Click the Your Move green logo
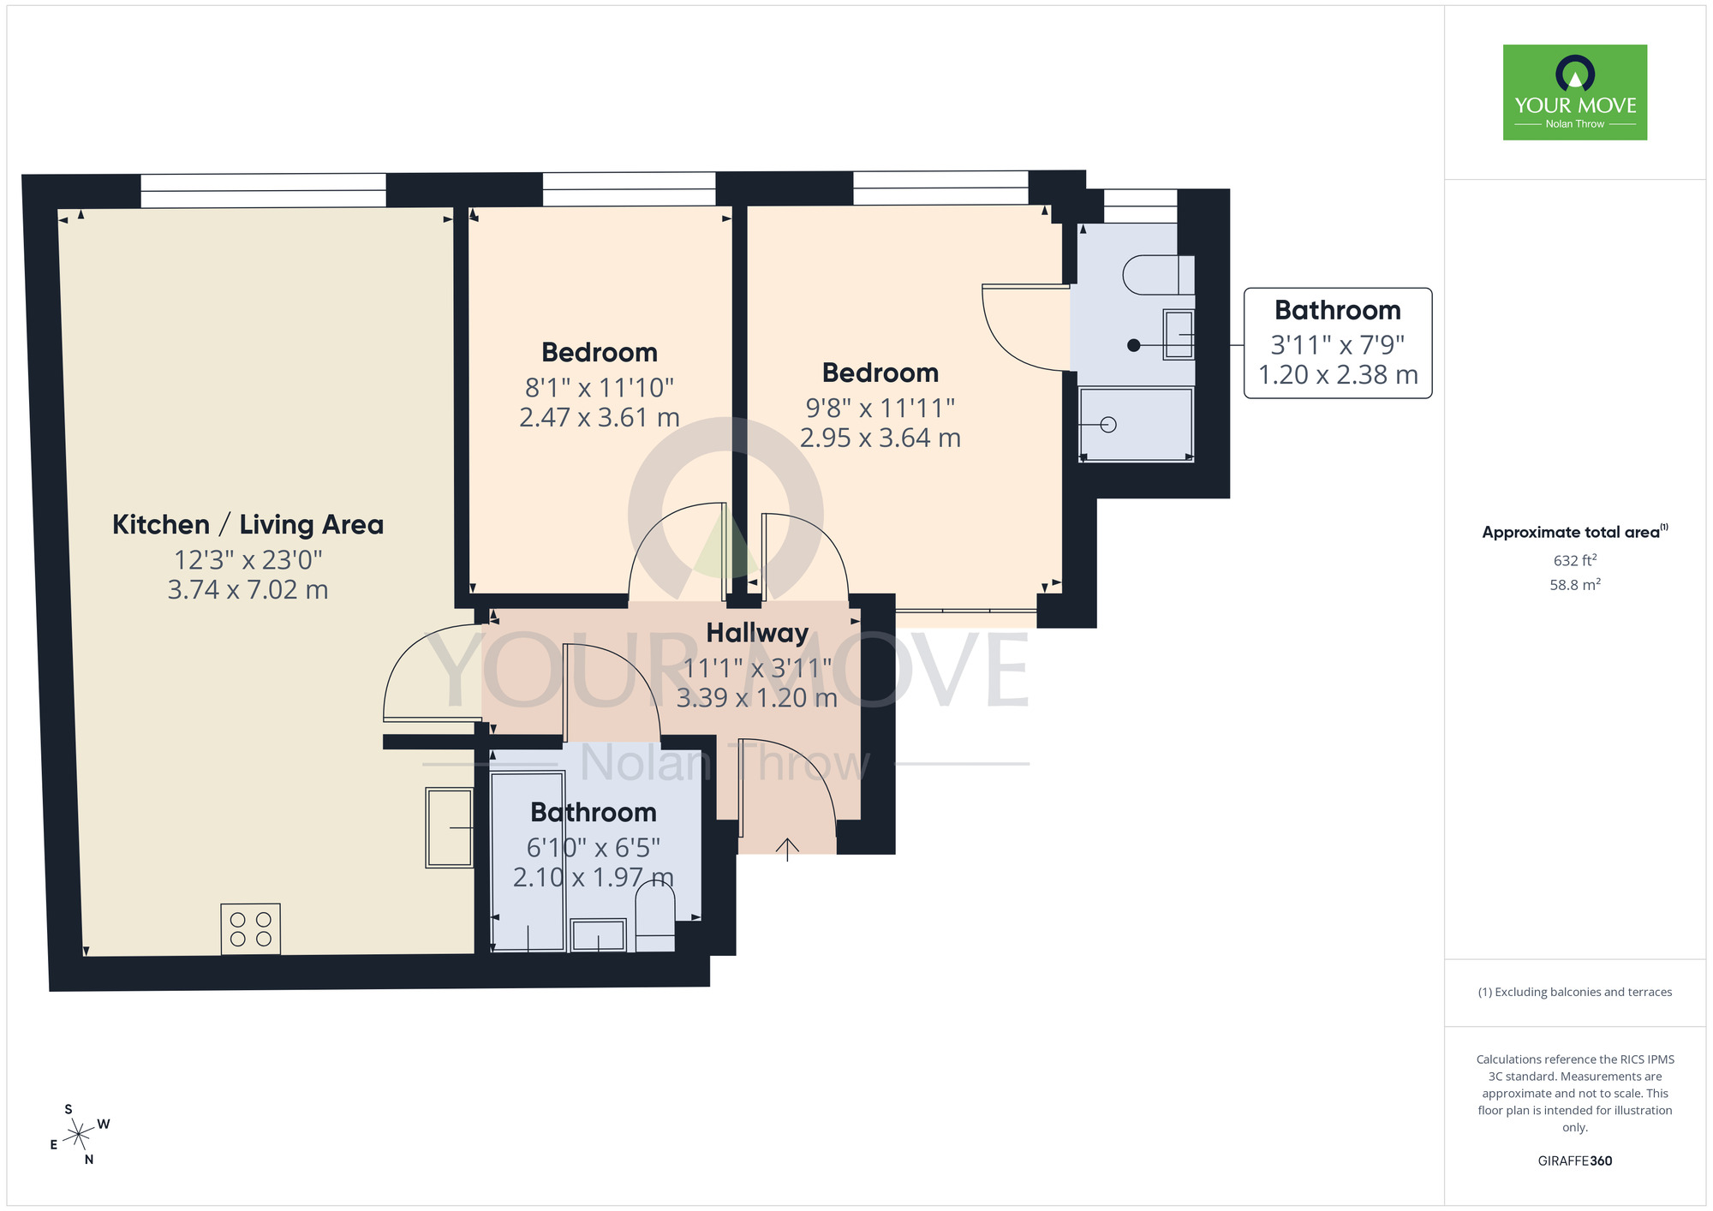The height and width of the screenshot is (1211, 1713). point(1574,92)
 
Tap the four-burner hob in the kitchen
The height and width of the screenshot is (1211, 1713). point(250,929)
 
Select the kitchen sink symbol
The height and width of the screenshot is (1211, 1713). point(450,827)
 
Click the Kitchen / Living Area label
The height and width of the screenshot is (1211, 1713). point(248,524)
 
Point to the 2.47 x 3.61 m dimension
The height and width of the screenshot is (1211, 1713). point(599,418)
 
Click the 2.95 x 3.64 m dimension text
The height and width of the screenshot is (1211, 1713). point(880,438)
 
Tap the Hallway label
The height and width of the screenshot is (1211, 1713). point(757,633)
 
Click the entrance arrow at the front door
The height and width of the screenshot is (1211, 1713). point(787,848)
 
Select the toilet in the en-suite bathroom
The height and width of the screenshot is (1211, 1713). point(1157,275)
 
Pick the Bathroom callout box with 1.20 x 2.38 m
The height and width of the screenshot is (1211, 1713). point(1337,343)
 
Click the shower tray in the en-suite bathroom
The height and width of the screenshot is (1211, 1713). point(1136,425)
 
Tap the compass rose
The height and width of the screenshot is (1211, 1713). point(79,1135)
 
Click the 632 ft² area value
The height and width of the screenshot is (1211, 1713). point(1574,561)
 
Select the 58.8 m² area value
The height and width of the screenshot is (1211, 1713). point(1574,585)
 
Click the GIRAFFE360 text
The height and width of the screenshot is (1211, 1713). point(1574,1161)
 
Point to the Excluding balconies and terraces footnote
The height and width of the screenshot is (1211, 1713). point(1574,992)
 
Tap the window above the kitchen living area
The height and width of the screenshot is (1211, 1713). point(263,190)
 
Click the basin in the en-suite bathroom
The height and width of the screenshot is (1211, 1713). point(1179,334)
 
